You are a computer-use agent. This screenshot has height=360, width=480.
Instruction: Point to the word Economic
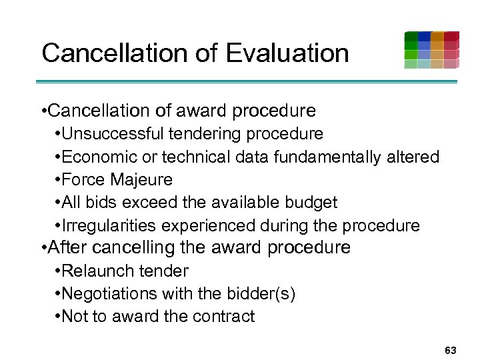(98, 157)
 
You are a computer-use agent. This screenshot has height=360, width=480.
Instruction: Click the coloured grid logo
(431, 50)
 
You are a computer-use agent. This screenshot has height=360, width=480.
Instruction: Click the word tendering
(204, 134)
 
